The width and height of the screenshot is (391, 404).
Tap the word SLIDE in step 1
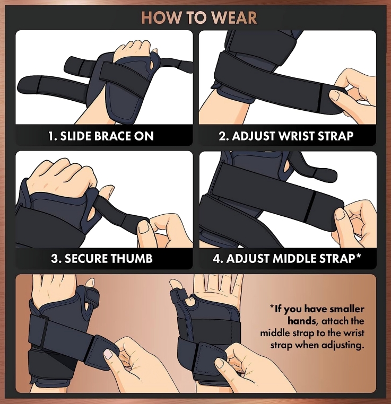75,136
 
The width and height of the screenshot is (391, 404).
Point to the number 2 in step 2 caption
222,136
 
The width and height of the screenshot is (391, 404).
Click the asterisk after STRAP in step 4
358,256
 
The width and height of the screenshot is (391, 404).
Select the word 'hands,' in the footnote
302,321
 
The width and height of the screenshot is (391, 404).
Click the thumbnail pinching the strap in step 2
336,98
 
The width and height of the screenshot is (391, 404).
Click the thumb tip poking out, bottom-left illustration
90,282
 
